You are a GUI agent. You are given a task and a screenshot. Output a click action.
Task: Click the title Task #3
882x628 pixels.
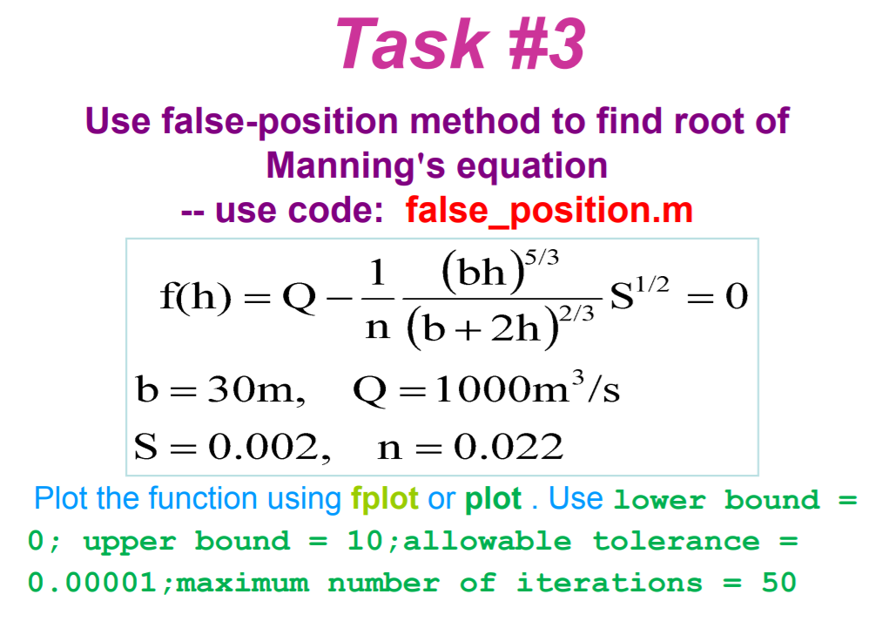click(460, 44)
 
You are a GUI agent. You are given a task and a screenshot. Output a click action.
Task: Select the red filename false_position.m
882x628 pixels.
click(549, 211)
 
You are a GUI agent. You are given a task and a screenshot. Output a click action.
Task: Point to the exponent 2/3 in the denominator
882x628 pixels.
click(576, 313)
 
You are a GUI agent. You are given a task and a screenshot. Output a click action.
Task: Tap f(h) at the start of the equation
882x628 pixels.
click(195, 296)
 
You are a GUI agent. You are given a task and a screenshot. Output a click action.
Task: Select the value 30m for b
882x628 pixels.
click(257, 388)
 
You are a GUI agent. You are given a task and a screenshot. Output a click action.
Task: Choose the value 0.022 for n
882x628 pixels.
click(508, 448)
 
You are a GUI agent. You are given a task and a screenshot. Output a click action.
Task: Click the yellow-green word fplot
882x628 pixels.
click(384, 499)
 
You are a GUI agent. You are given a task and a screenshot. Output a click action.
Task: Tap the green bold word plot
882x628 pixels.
click(494, 499)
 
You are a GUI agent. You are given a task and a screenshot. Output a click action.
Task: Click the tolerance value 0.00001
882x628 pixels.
click(91, 582)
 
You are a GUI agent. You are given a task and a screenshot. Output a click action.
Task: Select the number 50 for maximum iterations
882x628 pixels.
click(779, 582)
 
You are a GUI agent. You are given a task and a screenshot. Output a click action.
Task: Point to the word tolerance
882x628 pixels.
click(677, 542)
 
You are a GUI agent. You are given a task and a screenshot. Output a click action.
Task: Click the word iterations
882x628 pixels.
click(609, 582)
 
